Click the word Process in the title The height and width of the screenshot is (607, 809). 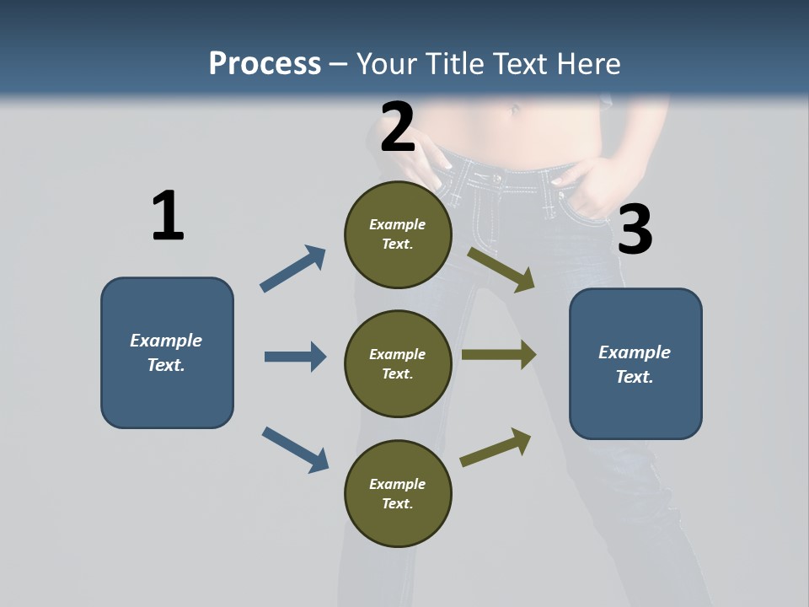coord(265,63)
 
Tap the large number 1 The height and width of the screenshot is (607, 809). coord(168,216)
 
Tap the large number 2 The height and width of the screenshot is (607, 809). coord(398,127)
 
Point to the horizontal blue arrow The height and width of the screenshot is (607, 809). coord(295,357)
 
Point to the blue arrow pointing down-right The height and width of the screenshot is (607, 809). coord(295,449)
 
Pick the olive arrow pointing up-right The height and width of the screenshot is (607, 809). coord(496,447)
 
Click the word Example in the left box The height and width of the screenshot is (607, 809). coord(166,341)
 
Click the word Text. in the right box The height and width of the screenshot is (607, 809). coord(635,377)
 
